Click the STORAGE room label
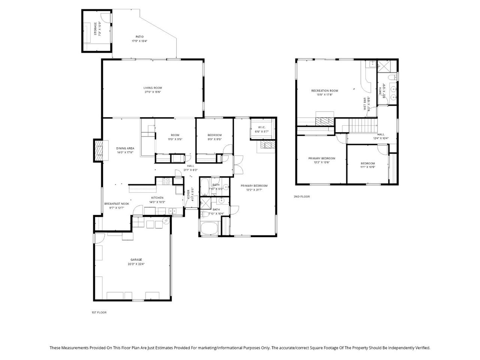click(95, 29)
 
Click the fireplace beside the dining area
click(98, 151)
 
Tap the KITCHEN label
click(157, 198)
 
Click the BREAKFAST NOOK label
click(117, 204)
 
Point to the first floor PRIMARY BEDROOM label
click(254, 186)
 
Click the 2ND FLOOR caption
click(301, 196)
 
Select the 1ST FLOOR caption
click(99, 312)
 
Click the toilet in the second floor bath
click(391, 78)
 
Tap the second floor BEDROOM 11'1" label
click(367, 163)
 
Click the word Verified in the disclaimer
click(422, 348)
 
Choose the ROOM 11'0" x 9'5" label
click(175, 135)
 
